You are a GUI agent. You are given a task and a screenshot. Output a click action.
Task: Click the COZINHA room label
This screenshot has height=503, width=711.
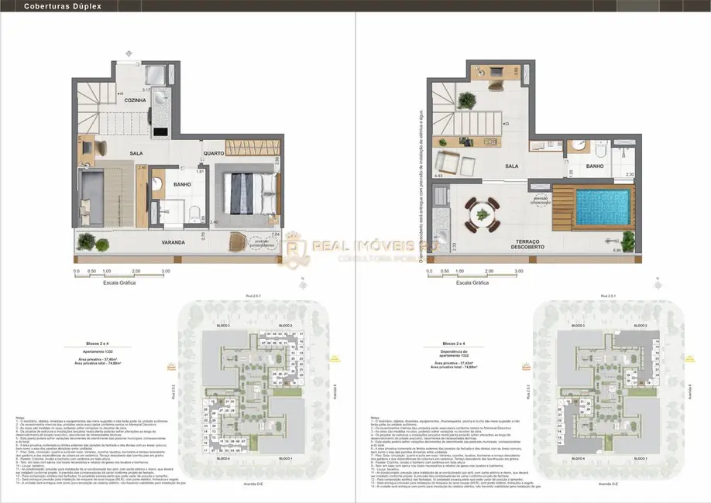[136, 100]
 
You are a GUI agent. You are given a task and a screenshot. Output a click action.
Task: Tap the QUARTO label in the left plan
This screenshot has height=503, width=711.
[214, 153]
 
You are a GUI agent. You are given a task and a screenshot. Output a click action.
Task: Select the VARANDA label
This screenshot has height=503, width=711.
[173, 242]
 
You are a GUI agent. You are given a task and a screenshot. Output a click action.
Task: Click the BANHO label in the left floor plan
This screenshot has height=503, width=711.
[183, 184]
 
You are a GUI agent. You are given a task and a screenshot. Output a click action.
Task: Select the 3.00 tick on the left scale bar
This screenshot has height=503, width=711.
[166, 272]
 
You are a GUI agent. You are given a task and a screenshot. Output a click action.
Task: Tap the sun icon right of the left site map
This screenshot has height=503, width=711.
[334, 358]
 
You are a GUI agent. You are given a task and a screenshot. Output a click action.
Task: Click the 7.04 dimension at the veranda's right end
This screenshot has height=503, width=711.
[276, 234]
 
